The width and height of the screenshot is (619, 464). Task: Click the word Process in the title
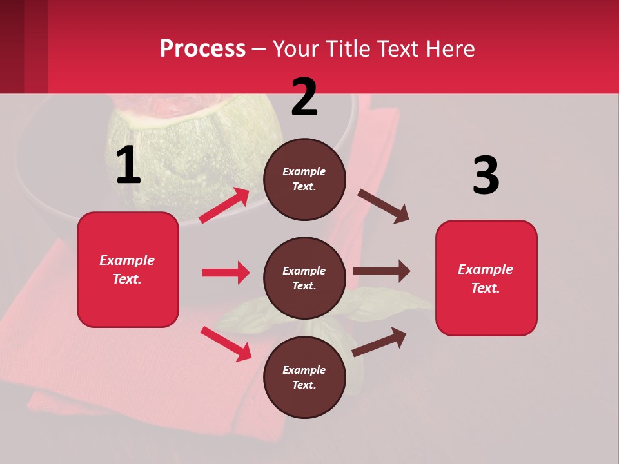[x=202, y=48]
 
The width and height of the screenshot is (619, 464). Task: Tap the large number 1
[x=128, y=166]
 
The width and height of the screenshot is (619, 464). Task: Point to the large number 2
[x=304, y=97]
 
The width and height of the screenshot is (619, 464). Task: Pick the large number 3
[x=486, y=175]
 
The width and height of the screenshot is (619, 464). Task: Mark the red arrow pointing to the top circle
[x=224, y=206]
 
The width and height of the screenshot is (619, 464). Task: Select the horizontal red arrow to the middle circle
[x=226, y=273]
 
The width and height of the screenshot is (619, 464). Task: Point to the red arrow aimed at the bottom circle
[x=226, y=343]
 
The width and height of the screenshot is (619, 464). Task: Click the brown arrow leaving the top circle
[x=383, y=206]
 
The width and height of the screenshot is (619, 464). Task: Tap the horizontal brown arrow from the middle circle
[x=382, y=271]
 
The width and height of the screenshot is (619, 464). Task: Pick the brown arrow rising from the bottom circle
[x=379, y=342]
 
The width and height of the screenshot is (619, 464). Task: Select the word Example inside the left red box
[x=127, y=260]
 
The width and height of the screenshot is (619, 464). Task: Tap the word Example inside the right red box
[x=486, y=269]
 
